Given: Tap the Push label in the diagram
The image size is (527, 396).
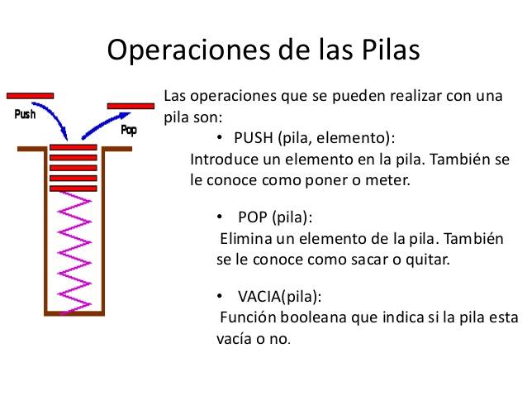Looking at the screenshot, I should point(26,115).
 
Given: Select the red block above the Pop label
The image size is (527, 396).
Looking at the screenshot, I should point(131,106).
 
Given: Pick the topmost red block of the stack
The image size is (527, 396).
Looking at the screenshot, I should point(74,148).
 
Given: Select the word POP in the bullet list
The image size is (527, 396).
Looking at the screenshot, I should point(253,218).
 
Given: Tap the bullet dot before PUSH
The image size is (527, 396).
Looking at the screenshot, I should point(221,137).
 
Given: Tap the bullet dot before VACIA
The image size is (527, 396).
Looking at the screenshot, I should point(220,296).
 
